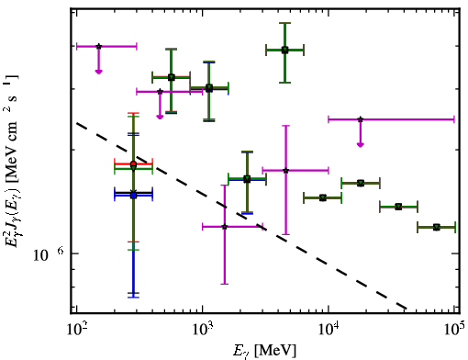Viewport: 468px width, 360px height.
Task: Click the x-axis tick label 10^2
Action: tap(78, 330)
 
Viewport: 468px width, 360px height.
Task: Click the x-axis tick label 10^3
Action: tap(204, 330)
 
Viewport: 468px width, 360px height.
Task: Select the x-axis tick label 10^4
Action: tap(329, 330)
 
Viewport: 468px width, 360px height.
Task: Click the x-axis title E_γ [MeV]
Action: tap(264, 351)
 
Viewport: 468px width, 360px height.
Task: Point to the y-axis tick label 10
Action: tap(40, 255)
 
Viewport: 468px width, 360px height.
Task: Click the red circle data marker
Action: tap(133, 164)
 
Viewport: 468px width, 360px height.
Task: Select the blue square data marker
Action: tap(133, 196)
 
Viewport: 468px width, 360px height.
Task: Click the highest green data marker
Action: tap(284, 50)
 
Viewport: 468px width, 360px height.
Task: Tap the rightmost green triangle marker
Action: tap(437, 227)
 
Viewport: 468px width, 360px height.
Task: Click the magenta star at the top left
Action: tap(98, 46)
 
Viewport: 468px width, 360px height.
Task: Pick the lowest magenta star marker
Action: tap(225, 227)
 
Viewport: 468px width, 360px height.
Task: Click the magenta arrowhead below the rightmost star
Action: tap(361, 145)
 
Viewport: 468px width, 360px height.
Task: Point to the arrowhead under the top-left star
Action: tap(98, 72)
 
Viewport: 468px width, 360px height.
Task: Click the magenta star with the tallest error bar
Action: tap(225, 227)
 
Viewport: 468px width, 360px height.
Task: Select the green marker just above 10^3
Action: tap(209, 88)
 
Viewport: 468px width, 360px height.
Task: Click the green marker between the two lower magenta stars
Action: tap(247, 179)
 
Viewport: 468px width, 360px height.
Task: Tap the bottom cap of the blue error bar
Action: tap(133, 298)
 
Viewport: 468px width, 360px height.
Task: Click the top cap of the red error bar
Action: tap(133, 113)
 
